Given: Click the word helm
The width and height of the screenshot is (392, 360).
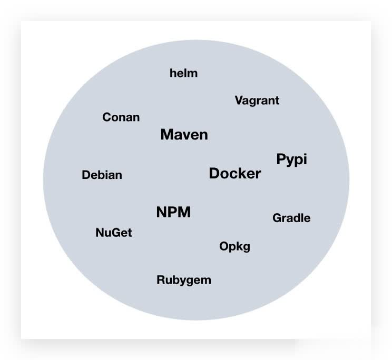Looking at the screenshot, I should (x=183, y=73).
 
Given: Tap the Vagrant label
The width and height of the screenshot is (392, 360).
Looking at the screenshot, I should (x=257, y=101).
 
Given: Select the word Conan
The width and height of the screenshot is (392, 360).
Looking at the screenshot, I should (x=121, y=117).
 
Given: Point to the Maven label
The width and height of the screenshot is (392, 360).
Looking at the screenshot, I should (x=184, y=135).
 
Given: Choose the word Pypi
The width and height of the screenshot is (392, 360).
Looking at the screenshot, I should (x=291, y=160).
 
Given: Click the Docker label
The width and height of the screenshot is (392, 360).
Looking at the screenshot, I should (x=234, y=174).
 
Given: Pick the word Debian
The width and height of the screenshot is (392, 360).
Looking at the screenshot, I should (x=102, y=175).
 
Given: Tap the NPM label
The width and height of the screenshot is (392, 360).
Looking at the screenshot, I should (x=173, y=213).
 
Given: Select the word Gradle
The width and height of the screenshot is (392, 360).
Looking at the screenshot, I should (x=291, y=218).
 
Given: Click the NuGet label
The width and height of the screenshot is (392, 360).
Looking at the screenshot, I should (x=113, y=233).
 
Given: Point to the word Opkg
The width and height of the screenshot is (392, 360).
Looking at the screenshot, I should (x=234, y=246).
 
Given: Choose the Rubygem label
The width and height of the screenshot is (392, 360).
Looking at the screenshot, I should (x=183, y=280).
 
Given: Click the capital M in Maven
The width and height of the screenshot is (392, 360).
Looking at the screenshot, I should (x=167, y=135).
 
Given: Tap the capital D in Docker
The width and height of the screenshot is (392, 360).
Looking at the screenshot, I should (x=214, y=174).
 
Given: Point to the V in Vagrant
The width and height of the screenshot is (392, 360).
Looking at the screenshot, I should (x=238, y=101).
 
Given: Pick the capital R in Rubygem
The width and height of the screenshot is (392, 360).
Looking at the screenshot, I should (x=160, y=280).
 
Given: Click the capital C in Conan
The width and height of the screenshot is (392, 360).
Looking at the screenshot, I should (x=106, y=117).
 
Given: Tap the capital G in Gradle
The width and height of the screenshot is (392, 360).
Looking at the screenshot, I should (x=277, y=218).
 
